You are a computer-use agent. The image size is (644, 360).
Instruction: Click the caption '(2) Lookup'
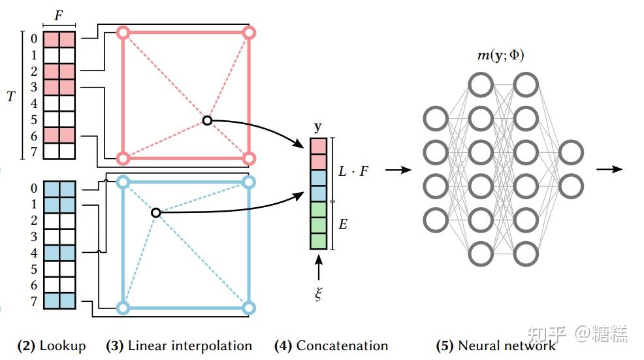pyautogui.click(x=51, y=346)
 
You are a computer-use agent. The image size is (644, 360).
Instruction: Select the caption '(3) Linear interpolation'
pyautogui.click(x=179, y=346)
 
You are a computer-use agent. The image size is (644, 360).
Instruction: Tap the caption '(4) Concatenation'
pyautogui.click(x=331, y=346)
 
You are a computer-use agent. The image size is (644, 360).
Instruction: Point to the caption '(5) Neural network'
pyautogui.click(x=496, y=346)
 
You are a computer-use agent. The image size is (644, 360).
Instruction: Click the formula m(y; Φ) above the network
pyautogui.click(x=501, y=56)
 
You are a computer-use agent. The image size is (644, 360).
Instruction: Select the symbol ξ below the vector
pyautogui.click(x=318, y=294)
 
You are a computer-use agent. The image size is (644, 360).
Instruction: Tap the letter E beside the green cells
pyautogui.click(x=343, y=225)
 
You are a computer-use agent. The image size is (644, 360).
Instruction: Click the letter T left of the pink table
pyautogui.click(x=10, y=95)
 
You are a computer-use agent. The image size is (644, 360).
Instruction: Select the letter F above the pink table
pyautogui.click(x=59, y=14)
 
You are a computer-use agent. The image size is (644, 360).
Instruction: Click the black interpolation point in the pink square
pyautogui.click(x=207, y=120)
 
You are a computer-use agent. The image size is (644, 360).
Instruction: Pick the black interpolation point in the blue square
pyautogui.click(x=155, y=212)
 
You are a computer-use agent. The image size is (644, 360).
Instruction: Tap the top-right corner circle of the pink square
pyautogui.click(x=248, y=32)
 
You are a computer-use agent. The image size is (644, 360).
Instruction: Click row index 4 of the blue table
pyautogui.click(x=34, y=252)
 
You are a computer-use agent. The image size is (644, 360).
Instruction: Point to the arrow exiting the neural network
pyautogui.click(x=608, y=169)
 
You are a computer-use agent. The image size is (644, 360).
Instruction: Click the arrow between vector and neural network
pyautogui.click(x=398, y=170)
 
